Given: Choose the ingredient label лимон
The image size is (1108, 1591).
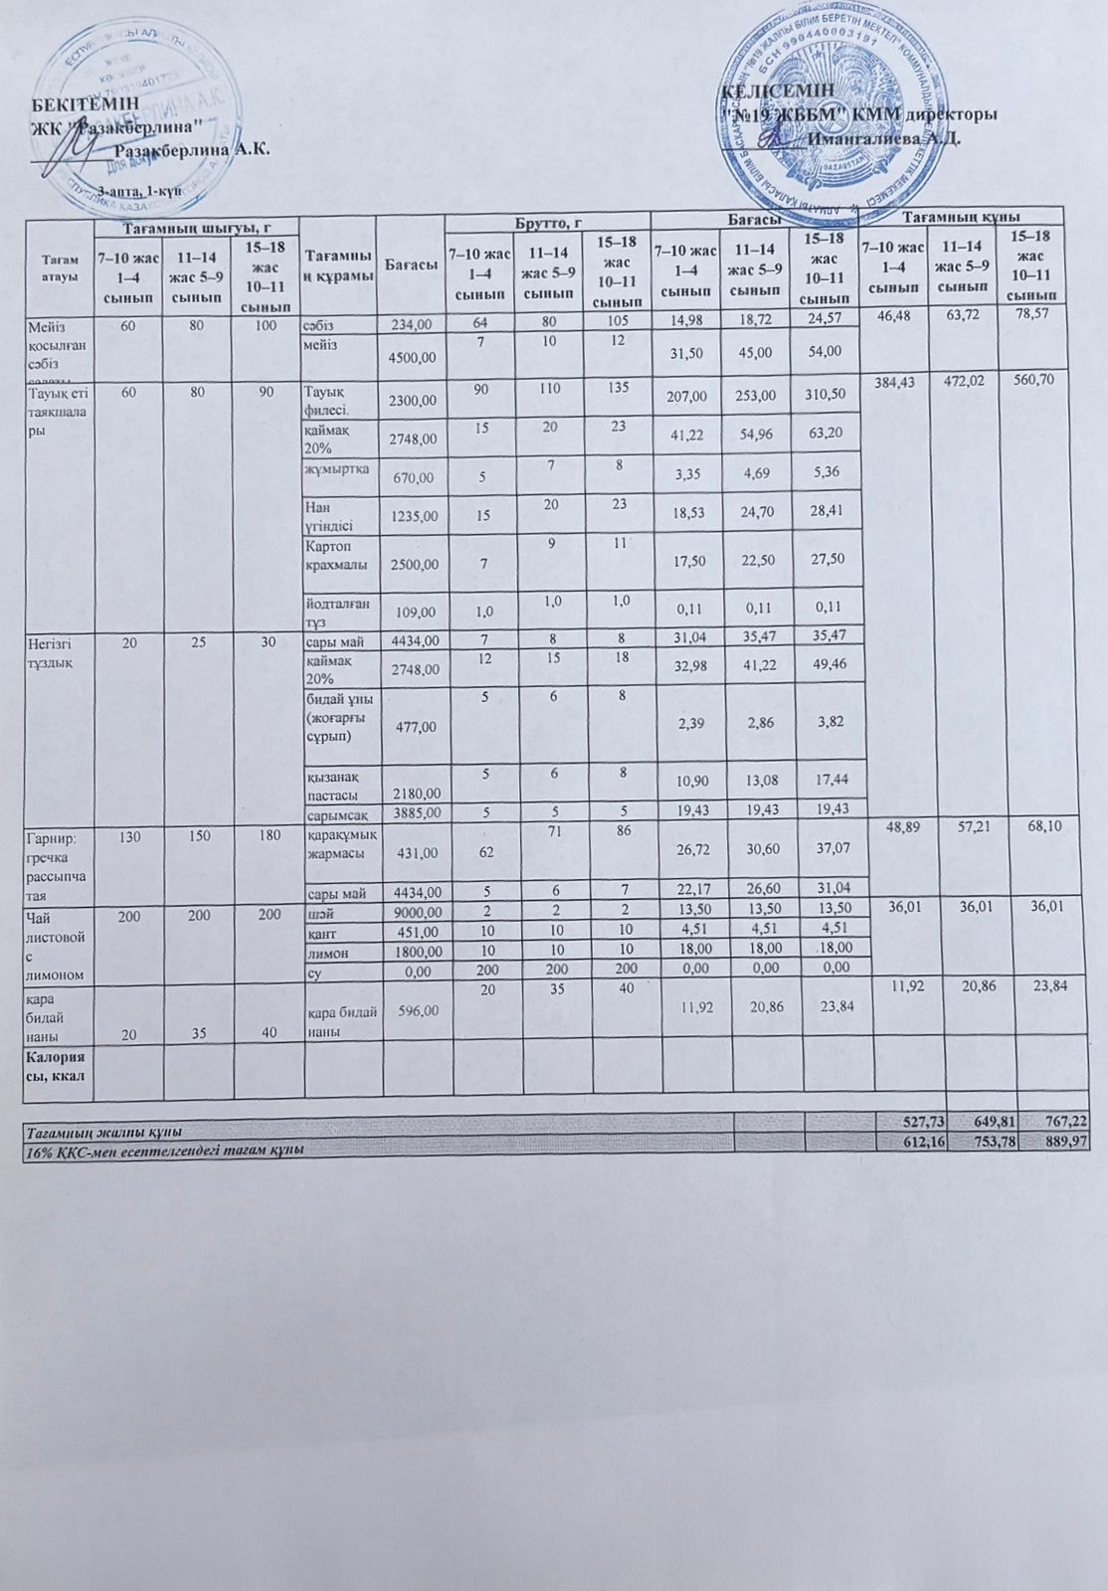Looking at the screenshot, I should pos(322,950).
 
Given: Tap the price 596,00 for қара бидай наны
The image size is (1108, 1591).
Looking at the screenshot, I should pos(417,1010).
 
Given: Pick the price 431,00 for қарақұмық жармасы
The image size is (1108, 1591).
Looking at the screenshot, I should pos(417,852).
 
